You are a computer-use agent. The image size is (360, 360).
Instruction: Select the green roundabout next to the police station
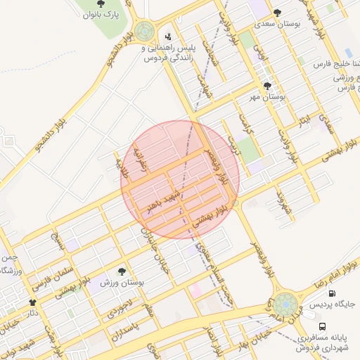(145, 31)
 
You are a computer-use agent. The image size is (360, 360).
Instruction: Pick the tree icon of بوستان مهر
(266, 86)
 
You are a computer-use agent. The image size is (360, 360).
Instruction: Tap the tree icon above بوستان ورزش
(123, 271)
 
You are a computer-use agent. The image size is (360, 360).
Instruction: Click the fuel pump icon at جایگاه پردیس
(331, 294)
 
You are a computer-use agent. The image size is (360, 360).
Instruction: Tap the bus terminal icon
(323, 326)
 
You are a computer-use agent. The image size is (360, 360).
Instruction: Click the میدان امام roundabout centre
(285, 305)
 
